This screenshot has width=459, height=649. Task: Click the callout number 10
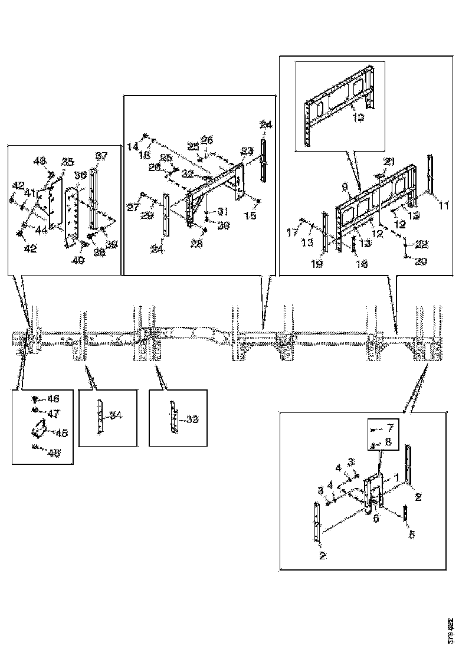[x=358, y=117]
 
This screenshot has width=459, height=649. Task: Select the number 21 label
[x=389, y=161]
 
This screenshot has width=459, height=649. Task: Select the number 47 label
[x=53, y=414]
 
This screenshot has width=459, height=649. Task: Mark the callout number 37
[x=101, y=156]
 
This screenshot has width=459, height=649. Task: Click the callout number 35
[x=68, y=162]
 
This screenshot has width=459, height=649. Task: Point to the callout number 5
[x=412, y=534]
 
